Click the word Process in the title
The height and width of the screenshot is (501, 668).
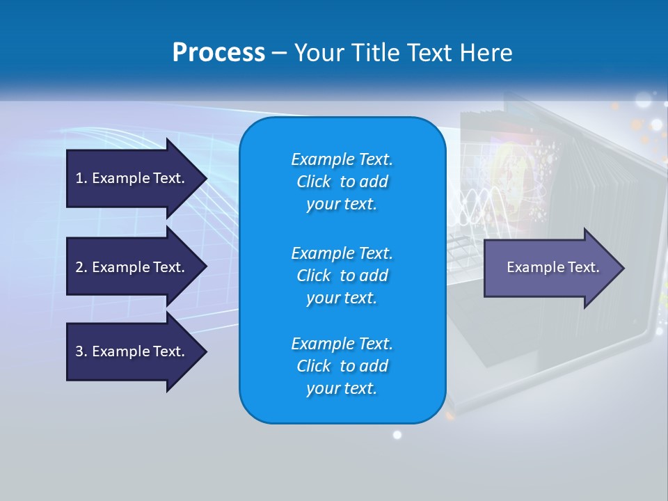click(x=218, y=53)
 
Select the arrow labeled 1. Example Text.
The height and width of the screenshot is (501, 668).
click(x=132, y=178)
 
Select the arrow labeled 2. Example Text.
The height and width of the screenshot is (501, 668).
click(x=132, y=267)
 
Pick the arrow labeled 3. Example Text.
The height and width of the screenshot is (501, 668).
click(x=132, y=351)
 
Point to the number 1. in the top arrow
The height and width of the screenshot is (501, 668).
click(x=81, y=178)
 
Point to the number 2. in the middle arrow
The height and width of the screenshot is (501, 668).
click(x=81, y=267)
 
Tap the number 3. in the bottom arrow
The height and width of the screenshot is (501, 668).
click(x=81, y=351)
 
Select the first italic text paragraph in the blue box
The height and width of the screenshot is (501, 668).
click(x=342, y=182)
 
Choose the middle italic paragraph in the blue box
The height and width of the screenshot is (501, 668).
click(x=342, y=275)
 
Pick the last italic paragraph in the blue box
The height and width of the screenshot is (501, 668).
click(x=342, y=366)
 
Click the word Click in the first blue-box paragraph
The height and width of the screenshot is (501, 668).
click(x=314, y=182)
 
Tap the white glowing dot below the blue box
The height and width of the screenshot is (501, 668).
click(x=397, y=435)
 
